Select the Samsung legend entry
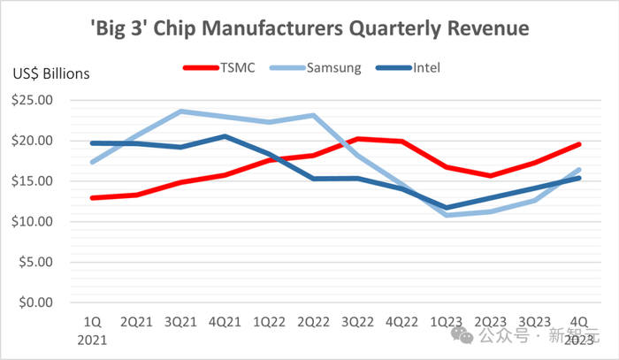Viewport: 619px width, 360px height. (x=332, y=67)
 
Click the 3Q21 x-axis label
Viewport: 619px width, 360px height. (x=181, y=320)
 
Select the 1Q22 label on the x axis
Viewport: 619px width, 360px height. (x=270, y=320)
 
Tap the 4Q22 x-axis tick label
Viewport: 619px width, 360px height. (x=402, y=320)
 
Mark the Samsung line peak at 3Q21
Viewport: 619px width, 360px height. (x=181, y=111)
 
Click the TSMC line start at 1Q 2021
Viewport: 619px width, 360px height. (x=93, y=197)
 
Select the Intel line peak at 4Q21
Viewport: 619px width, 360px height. (x=225, y=136)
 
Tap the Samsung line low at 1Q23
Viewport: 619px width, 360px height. (x=447, y=215)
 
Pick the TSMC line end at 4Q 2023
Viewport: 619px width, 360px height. (x=579, y=144)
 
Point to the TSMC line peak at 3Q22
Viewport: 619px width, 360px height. (x=358, y=139)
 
